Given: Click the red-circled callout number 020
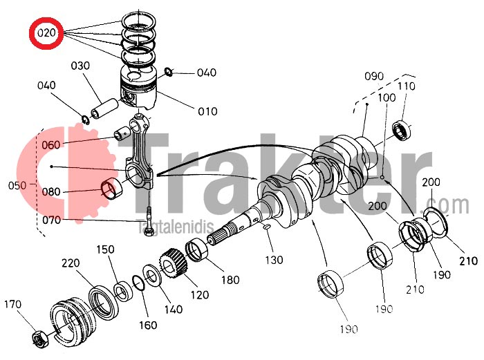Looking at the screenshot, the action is coord(46,32).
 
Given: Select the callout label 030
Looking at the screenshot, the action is coord(80,66).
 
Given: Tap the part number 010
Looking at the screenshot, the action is coord(207,111).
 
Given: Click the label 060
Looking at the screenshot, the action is coord(51,144).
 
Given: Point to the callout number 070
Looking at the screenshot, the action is coord(52,220).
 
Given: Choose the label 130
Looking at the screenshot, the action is coord(274,260).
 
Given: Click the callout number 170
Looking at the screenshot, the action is coord(12,305).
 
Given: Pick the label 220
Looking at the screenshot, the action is coord(71,263).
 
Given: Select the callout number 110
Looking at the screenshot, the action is coord(407,86).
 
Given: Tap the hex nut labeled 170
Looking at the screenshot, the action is coord(40,339).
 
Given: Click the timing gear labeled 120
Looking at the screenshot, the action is coord(174,264).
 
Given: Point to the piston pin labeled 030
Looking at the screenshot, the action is coord(104,108).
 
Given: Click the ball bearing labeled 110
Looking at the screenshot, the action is coord(402,131).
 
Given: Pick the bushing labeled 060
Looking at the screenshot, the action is coord(122,133).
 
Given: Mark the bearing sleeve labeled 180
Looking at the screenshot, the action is coord(197,250).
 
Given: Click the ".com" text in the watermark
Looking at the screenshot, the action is coord(445,205).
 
